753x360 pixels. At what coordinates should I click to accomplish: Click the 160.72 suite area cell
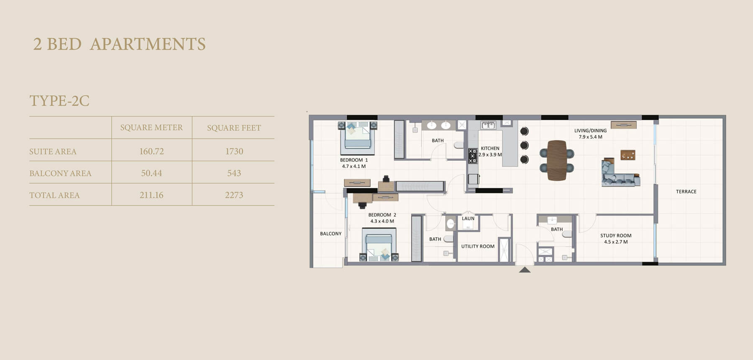coord(151,151)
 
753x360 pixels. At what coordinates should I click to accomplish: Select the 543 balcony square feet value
coord(234,173)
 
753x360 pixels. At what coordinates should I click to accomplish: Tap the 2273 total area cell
coord(234,195)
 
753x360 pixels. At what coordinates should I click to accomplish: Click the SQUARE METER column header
coord(151,127)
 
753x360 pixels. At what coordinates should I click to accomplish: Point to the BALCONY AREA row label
coord(60,173)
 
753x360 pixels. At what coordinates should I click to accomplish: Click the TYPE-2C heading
coord(59,101)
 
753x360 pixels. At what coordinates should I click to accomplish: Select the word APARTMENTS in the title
coord(148,44)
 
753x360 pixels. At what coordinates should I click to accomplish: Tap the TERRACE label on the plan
coord(686,192)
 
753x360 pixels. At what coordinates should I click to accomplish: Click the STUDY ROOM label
coord(616,236)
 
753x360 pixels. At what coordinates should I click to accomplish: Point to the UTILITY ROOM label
coord(478,247)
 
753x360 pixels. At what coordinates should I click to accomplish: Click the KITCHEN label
coord(490,148)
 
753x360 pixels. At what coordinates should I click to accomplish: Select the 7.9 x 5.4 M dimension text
coord(590,137)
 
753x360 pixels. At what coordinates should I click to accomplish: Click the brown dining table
coord(557,160)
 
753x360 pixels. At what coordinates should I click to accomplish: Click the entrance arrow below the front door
coord(525,270)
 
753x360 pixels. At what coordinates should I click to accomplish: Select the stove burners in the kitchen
coord(472,156)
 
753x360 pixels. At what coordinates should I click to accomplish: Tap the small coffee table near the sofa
coord(627,155)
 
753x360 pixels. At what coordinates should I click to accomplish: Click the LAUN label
coord(468,219)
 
